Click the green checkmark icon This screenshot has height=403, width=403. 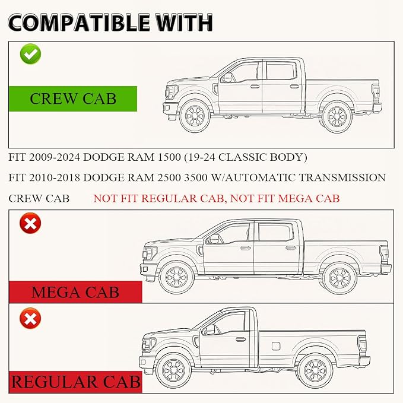31,54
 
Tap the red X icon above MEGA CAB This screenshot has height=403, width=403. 30,223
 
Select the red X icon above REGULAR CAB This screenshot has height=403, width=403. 30,318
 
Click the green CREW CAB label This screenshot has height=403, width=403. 73,99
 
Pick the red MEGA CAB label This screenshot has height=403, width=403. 75,292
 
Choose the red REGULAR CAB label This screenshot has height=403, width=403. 75,382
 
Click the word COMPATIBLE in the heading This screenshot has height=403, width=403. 79,23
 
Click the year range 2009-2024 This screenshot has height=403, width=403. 55,157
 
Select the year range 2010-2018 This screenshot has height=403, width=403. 55,177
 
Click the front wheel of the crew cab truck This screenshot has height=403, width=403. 195,116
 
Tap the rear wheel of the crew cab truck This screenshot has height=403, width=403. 337,117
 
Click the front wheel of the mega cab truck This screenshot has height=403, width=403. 176,277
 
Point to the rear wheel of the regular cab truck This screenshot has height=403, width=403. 316,370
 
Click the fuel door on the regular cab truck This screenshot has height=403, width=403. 276,346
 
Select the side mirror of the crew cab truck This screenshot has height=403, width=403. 227,77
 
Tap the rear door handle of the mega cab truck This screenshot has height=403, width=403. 291,248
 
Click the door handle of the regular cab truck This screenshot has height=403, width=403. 240,339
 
